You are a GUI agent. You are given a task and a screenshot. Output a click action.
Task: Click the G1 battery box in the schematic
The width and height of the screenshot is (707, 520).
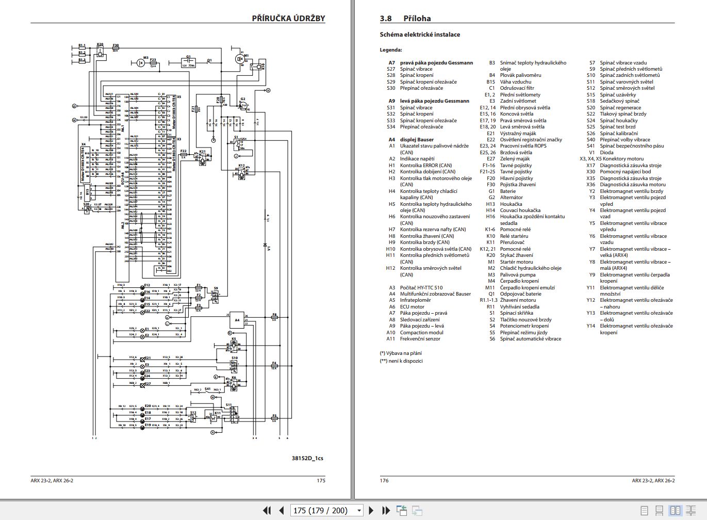coord(188,62)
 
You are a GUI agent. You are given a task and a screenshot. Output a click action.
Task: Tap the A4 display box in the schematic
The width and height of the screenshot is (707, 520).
coord(237,320)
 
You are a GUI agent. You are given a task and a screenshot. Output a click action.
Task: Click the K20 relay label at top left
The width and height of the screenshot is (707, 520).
coord(100,45)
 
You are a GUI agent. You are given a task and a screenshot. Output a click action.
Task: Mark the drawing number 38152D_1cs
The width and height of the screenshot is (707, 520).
coord(307,458)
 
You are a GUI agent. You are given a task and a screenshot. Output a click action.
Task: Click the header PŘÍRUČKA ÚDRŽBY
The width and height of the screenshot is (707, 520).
coord(288,18)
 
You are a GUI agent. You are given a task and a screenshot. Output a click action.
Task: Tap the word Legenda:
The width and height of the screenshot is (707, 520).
coord(391,50)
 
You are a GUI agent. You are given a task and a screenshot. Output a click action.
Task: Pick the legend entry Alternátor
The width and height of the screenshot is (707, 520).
coord(511,198)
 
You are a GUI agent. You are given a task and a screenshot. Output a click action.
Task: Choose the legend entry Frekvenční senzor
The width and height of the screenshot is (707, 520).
coord(420,339)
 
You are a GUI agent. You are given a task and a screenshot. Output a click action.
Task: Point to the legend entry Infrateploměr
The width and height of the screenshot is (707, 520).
coord(415,300)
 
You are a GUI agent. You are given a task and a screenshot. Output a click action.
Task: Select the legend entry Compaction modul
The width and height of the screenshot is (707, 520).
coord(421,333)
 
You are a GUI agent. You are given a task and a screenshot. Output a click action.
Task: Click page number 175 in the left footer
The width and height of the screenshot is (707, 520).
coord(321,481)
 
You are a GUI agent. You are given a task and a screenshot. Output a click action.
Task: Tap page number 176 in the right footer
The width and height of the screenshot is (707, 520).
coord(384,481)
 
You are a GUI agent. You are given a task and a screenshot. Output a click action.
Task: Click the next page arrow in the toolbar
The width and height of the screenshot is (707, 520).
coord(371,510)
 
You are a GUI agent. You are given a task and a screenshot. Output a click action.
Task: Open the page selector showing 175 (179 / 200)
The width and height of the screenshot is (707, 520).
coord(327,510)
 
